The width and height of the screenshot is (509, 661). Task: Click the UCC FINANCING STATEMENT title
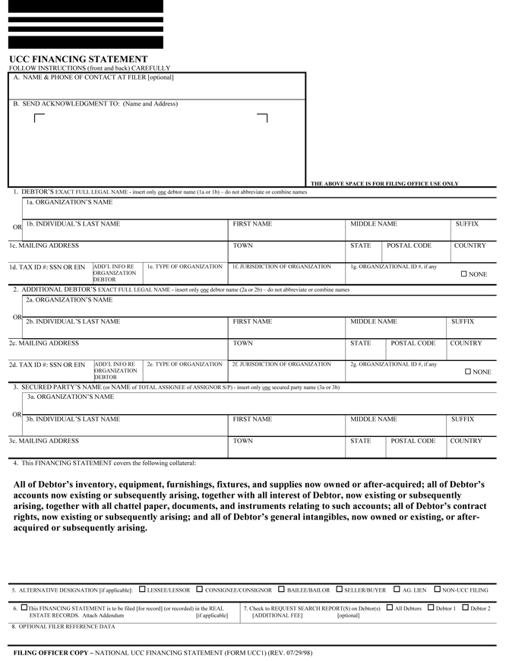pos(78,59)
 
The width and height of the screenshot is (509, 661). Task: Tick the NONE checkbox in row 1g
pos(464,274)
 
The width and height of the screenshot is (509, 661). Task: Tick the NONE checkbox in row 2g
pos(468,372)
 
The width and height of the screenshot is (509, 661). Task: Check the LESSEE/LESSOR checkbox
pos(143,589)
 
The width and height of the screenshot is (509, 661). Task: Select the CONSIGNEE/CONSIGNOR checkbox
pos(199,589)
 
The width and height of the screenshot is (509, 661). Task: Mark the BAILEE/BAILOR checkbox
pos(281,589)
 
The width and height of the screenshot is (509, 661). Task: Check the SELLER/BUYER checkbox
pos(339,589)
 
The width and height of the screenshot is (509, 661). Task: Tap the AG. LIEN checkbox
pos(397,589)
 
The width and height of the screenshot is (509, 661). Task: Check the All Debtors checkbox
pos(389,608)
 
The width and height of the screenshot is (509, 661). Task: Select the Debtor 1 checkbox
pos(430,608)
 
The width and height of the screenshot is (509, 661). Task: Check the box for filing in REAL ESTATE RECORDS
pos(24,608)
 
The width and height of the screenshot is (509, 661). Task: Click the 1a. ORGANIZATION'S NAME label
pos(69,202)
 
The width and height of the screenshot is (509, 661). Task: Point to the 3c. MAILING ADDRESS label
pos(43,441)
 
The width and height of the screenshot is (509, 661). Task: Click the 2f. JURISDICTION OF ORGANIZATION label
pos(282,365)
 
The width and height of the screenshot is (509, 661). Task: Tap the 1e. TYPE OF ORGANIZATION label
pos(185,267)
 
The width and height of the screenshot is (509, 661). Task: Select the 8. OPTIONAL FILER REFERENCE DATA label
pos(63,627)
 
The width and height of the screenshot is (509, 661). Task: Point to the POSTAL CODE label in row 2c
pos(413,343)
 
